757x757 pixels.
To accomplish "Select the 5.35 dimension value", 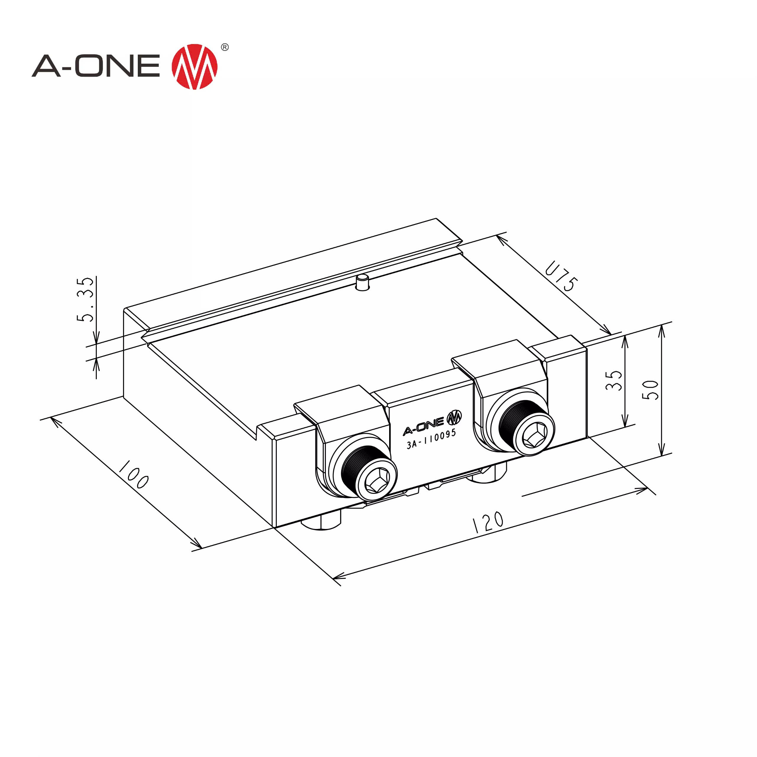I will click(85, 300).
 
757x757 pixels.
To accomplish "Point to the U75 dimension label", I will click(561, 276).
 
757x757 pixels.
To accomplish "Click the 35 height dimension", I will click(614, 380).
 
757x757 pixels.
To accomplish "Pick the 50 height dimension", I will click(651, 390).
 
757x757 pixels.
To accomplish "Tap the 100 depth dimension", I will click(134, 475).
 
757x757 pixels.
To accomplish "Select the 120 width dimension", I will click(488, 522).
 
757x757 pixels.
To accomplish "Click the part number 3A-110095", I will click(431, 439).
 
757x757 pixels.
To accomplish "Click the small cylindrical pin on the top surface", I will click(363, 282).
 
